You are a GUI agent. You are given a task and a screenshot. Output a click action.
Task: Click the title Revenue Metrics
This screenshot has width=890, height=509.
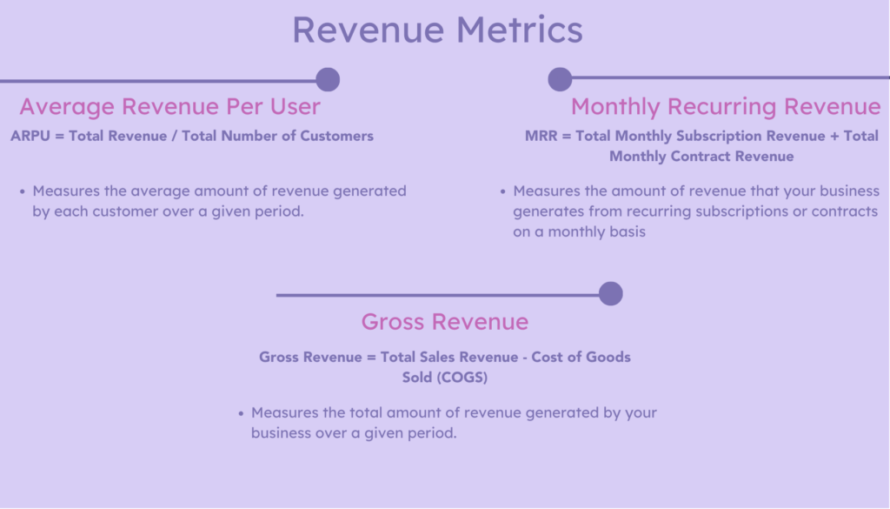(436, 30)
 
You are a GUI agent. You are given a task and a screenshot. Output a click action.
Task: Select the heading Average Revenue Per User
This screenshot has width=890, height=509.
(170, 106)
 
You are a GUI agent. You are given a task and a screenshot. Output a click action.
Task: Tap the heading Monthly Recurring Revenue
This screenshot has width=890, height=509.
(726, 106)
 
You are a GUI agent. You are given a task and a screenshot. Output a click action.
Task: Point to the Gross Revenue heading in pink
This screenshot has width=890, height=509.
(444, 322)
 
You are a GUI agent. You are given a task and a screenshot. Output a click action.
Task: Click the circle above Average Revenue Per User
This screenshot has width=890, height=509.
(328, 79)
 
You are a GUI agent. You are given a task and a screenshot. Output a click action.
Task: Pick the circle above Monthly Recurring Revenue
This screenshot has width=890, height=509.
(560, 79)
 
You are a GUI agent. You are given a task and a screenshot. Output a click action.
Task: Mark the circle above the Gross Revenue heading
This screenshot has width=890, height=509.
(611, 294)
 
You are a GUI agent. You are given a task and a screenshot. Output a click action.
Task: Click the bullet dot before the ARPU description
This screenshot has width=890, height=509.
(22, 191)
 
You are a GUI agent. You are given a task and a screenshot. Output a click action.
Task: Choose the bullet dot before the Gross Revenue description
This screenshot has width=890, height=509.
(241, 412)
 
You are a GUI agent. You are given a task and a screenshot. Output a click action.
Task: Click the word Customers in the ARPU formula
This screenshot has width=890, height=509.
(337, 136)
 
